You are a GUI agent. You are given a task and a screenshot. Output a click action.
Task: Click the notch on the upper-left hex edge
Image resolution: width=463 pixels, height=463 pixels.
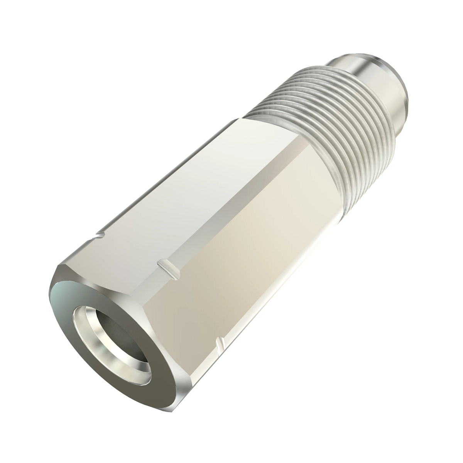pos(101,234)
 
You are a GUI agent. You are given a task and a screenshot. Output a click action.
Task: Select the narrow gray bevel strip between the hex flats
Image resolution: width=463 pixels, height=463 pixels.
pos(239,201)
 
